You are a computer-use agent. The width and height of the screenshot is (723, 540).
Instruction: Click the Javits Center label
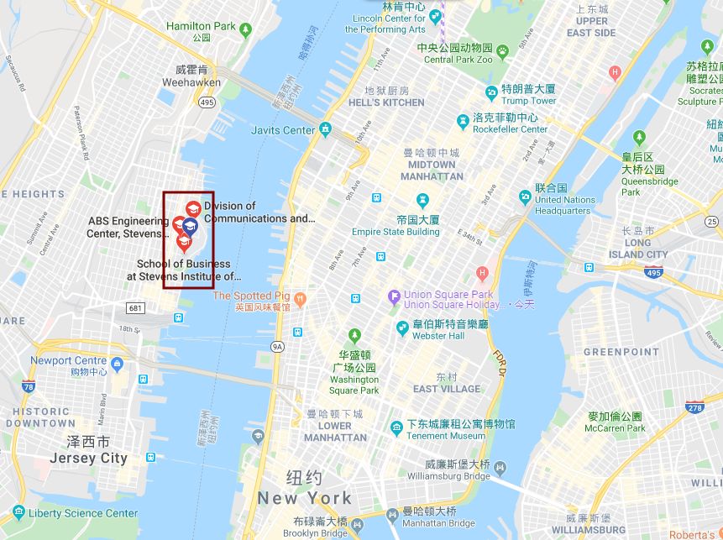pyautogui.click(x=283, y=130)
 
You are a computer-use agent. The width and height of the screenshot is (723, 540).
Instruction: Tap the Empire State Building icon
pyautogui.click(x=422, y=200)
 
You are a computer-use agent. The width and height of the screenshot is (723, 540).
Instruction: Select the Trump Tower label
pyautogui.click(x=528, y=101)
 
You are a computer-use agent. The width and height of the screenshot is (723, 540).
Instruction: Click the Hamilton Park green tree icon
pyautogui.click(x=245, y=30)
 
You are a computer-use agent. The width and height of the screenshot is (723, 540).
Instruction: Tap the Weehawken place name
pyautogui.click(x=192, y=82)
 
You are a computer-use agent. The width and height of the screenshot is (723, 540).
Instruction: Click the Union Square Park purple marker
pyautogui.click(x=393, y=296)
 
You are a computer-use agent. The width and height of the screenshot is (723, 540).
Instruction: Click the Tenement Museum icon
pyautogui.click(x=396, y=429)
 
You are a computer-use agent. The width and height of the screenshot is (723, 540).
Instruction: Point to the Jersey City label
pyautogui.click(x=88, y=459)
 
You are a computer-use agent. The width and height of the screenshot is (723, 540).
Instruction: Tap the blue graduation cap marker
pyautogui.click(x=190, y=225)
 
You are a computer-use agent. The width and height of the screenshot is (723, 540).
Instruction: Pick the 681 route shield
pyautogui.click(x=136, y=308)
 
